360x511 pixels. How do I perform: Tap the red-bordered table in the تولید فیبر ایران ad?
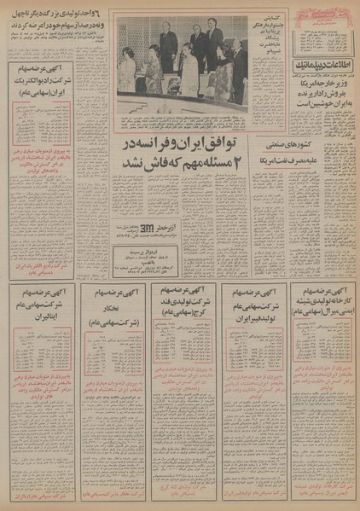pyautogui.click(x=249, y=351)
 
